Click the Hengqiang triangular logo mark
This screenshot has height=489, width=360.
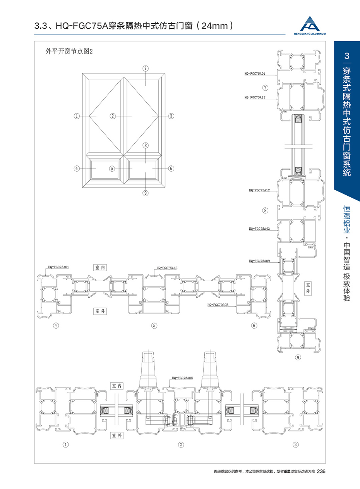click(x=313, y=24)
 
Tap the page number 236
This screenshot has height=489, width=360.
click(x=322, y=471)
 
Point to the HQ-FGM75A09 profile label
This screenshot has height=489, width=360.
click(x=259, y=262)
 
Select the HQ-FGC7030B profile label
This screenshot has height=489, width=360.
click(x=218, y=305)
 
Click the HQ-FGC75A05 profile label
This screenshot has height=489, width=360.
click(x=183, y=377)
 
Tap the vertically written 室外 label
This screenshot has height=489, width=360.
click(x=309, y=288)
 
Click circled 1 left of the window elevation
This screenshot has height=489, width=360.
click(x=77, y=116)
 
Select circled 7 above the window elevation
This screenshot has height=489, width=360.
click(x=145, y=68)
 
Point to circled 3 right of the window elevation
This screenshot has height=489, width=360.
click(x=171, y=116)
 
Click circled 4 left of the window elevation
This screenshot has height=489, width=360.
click(x=77, y=169)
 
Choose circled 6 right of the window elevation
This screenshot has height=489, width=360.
click(x=171, y=169)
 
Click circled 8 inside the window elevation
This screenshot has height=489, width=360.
click(x=145, y=146)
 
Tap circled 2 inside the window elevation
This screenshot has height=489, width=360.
click(x=113, y=116)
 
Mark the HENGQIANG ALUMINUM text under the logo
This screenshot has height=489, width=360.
click(x=314, y=34)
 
